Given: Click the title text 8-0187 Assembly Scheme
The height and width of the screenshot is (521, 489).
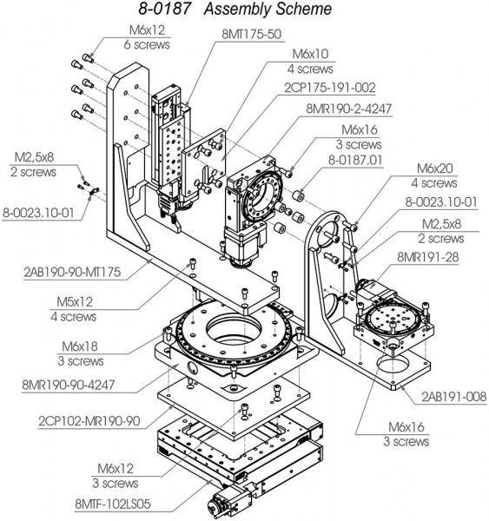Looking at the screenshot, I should (x=235, y=10).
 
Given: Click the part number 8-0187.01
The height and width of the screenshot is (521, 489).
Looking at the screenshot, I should (x=357, y=160).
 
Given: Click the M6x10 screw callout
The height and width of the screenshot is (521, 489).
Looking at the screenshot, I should (x=309, y=54).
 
